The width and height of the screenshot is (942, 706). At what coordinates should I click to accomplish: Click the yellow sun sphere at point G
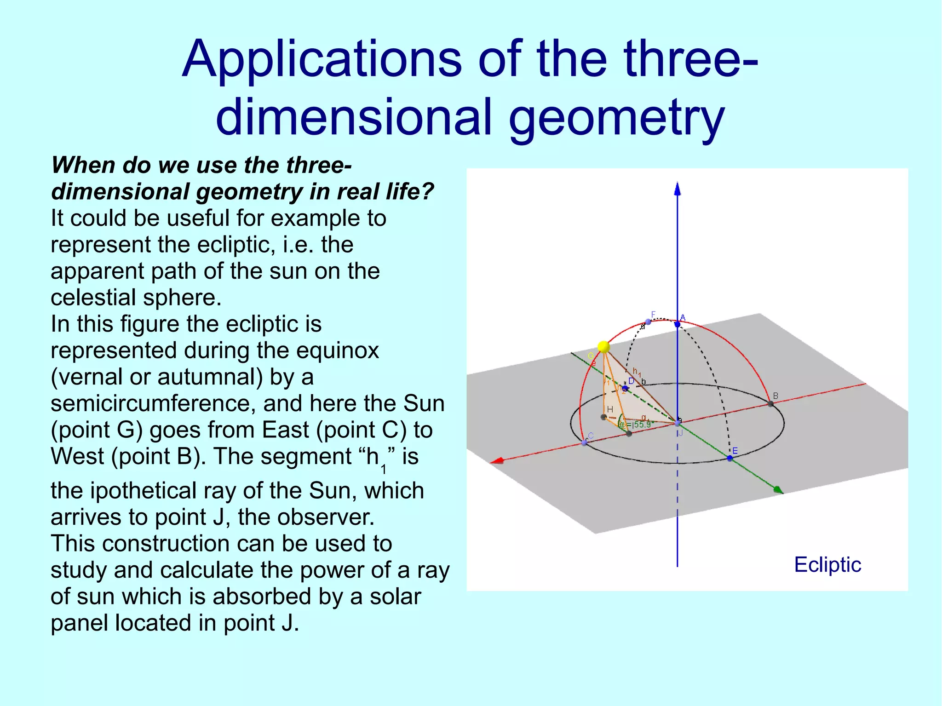[x=603, y=347]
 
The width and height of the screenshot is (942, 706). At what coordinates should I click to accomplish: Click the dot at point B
[x=770, y=404]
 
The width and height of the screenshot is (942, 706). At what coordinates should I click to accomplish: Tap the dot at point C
[x=584, y=442]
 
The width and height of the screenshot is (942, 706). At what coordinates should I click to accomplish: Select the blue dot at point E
[x=729, y=458]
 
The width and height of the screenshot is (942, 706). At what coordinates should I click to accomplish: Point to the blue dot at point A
[x=677, y=325]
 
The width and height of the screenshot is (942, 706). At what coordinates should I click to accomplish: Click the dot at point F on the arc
[x=648, y=321]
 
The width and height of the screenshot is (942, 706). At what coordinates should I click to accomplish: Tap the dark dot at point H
[x=604, y=417]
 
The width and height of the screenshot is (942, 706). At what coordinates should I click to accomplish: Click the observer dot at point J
[x=677, y=423]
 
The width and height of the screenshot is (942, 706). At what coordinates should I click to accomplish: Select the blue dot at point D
[x=625, y=388]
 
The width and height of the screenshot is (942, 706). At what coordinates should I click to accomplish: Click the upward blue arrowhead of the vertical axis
[x=677, y=189]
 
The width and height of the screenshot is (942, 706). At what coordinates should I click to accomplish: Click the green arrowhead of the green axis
[x=778, y=490]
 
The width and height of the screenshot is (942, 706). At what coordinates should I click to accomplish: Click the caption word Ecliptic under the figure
[x=827, y=565]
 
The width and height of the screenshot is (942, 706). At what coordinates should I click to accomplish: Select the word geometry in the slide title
[x=616, y=117]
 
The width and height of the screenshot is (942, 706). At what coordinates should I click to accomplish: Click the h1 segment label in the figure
[x=637, y=372]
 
